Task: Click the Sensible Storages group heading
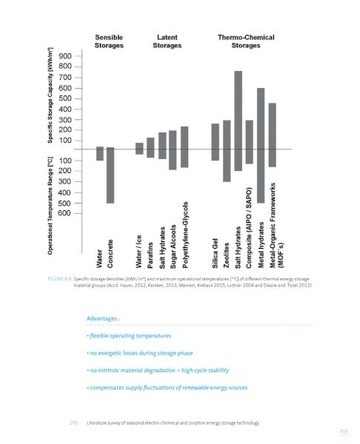(109, 41)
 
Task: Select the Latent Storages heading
(167, 41)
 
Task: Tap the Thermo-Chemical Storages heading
(246, 41)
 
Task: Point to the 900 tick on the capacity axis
(65, 56)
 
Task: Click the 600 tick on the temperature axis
(64, 213)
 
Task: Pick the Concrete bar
(110, 175)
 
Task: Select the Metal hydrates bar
(261, 146)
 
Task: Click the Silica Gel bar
(215, 142)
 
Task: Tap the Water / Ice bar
(139, 149)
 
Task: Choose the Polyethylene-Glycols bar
(184, 147)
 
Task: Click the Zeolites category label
(226, 255)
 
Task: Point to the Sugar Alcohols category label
(173, 247)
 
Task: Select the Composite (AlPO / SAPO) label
(249, 228)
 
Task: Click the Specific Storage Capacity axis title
(50, 95)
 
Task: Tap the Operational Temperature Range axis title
(50, 206)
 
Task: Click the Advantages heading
(103, 318)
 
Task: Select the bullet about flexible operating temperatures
(129, 336)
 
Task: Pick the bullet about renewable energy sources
(167, 388)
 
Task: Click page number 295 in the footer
(73, 423)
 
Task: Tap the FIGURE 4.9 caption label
(59, 279)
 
